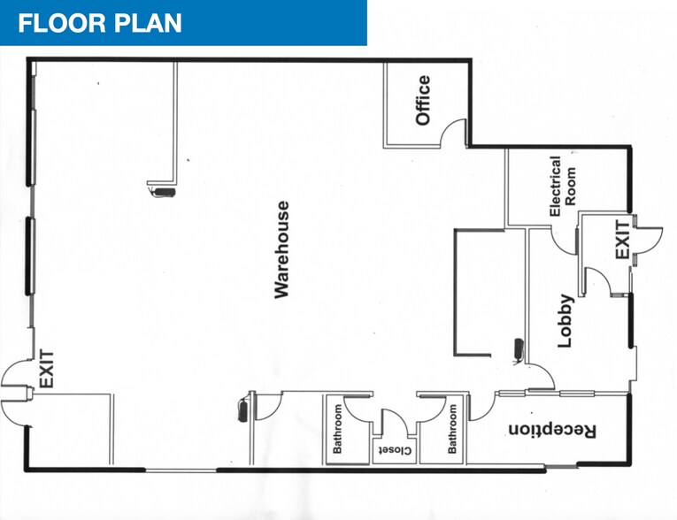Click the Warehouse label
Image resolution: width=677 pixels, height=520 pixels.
pyautogui.click(x=282, y=249)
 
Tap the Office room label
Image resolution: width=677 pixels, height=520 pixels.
pyautogui.click(x=423, y=100)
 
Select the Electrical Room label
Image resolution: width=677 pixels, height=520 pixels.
pyautogui.click(x=562, y=186)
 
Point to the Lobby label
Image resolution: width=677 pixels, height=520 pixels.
pyautogui.click(x=565, y=321)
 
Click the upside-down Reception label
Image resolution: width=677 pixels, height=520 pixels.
pyautogui.click(x=552, y=431)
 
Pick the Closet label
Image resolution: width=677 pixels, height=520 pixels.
pyautogui.click(x=395, y=450)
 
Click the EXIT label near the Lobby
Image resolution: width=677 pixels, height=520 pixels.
pyautogui.click(x=623, y=240)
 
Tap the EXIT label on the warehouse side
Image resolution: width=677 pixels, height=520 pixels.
pyautogui.click(x=47, y=369)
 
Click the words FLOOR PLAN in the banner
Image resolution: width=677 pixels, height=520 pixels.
pyautogui.click(x=100, y=23)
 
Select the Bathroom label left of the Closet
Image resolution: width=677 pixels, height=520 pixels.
pyautogui.click(x=337, y=429)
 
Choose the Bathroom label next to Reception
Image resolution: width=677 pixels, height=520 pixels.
pyautogui.click(x=452, y=429)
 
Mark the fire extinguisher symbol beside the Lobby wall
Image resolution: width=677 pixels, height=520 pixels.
pyautogui.click(x=519, y=349)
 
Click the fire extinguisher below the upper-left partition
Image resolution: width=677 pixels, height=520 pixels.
pyautogui.click(x=162, y=192)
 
